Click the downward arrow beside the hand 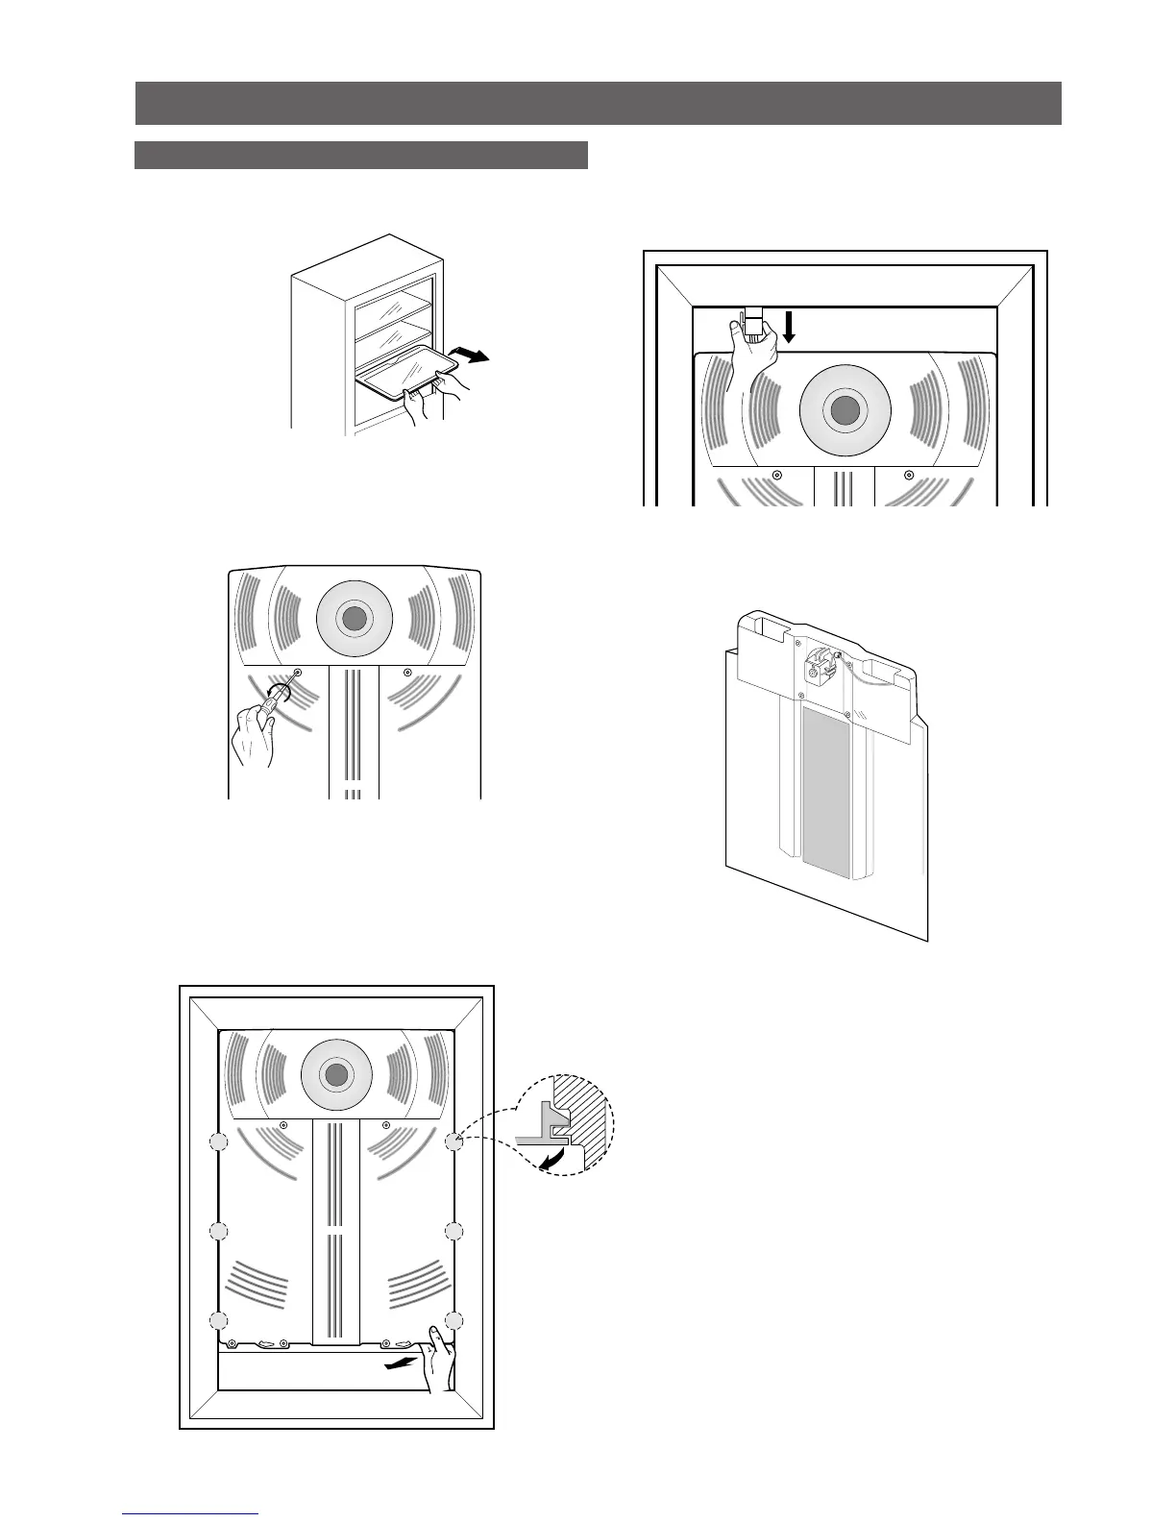pos(789,327)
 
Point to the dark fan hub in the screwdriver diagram pos(354,618)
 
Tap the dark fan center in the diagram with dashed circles pos(335,1075)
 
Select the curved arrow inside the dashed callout pos(551,1161)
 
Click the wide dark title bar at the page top pos(598,104)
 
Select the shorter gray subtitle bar pos(360,155)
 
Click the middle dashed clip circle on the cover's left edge pos(218,1231)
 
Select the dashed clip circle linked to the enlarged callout pos(454,1141)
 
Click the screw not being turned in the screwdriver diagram pos(407,671)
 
